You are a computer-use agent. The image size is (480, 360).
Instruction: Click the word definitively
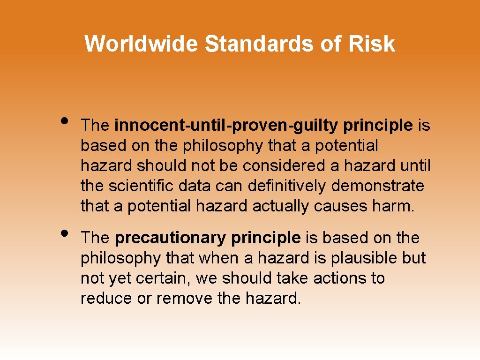(287, 186)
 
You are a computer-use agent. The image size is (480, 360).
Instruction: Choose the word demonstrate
(377, 186)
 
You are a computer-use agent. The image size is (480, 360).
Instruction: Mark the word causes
(340, 206)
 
